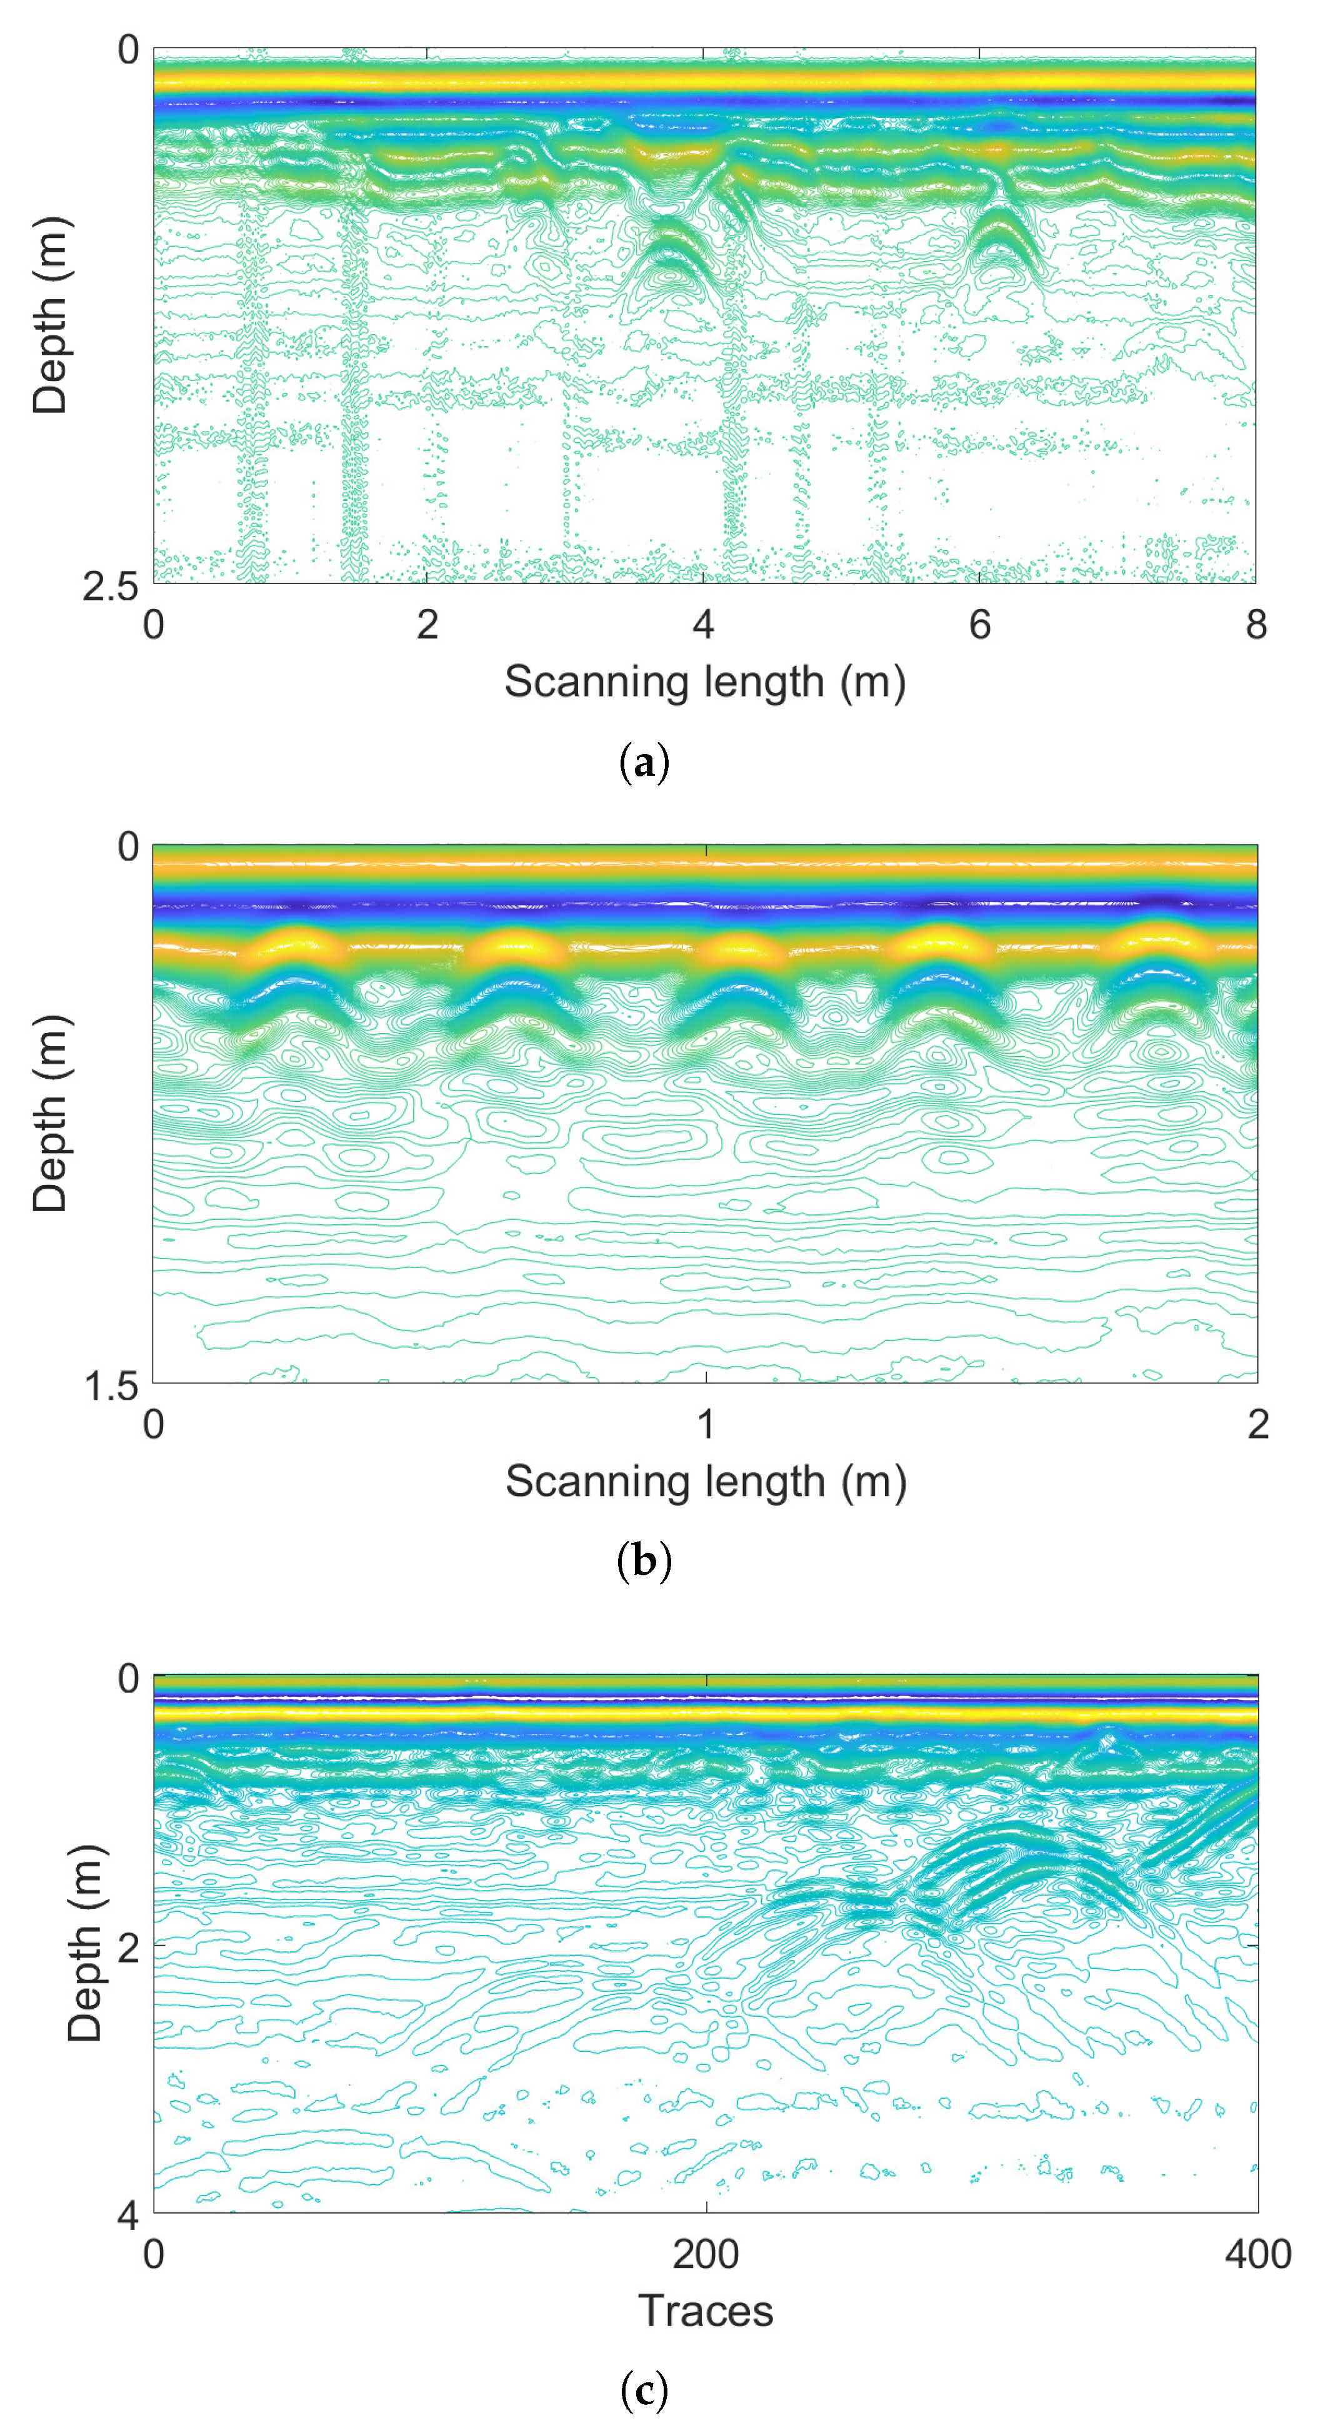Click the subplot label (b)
pyautogui.click(x=644, y=1562)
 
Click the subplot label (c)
pyautogui.click(x=644, y=2389)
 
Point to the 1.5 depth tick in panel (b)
pyautogui.click(x=111, y=1386)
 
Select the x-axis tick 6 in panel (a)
pyautogui.click(x=980, y=625)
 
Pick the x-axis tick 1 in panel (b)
pyautogui.click(x=706, y=1424)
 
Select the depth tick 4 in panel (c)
pyautogui.click(x=128, y=2215)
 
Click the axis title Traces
pyautogui.click(x=706, y=2311)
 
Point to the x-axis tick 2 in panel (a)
pyautogui.click(x=427, y=625)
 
